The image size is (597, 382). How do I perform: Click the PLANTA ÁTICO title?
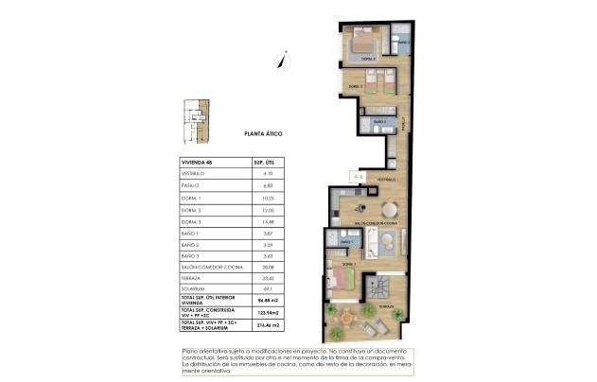(x=263, y=133)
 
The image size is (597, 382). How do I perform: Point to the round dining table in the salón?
(x=389, y=211)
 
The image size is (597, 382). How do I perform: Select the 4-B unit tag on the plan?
(x=358, y=174)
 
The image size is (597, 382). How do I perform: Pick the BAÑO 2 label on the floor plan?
(x=380, y=122)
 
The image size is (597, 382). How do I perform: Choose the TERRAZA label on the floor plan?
(x=386, y=307)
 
